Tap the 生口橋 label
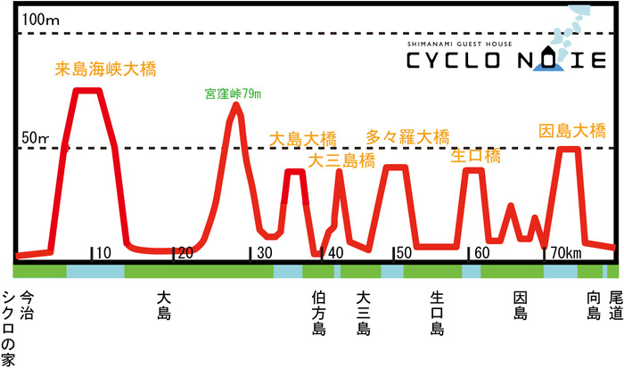[475, 156]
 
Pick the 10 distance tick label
[103, 253]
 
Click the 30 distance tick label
[265, 253]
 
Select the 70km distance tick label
[564, 253]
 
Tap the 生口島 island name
[437, 313]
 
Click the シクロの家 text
[10, 328]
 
